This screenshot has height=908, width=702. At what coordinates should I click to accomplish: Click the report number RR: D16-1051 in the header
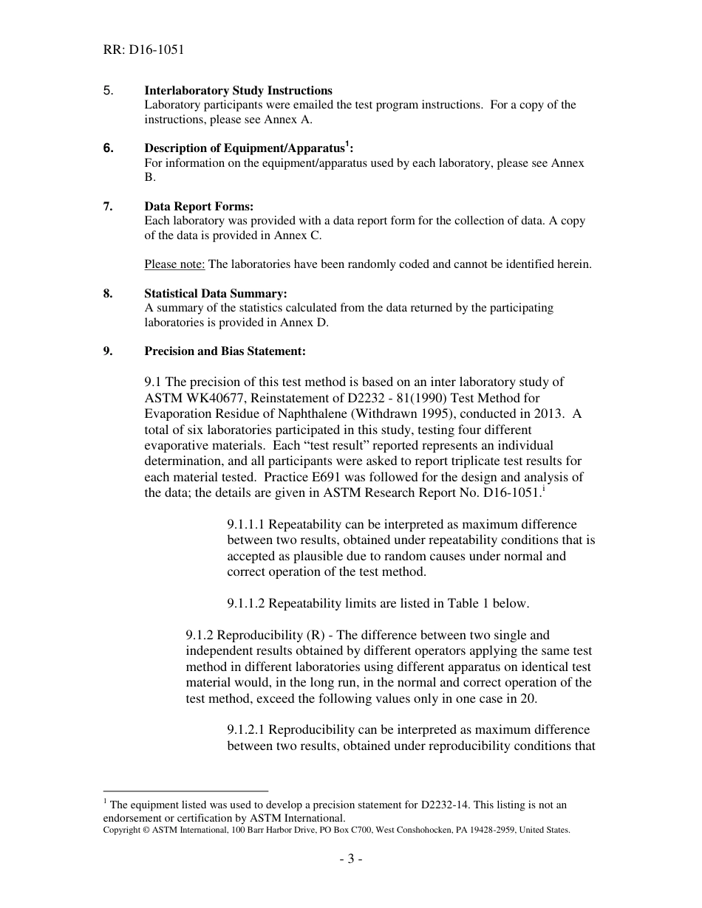pos(143,50)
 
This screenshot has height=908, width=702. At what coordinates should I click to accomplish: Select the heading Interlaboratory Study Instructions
pos(238,91)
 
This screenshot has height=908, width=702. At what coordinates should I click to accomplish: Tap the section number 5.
pos(108,91)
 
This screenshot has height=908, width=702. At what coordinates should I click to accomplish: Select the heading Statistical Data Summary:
pos(216,294)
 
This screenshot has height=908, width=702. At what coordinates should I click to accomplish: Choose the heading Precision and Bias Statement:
pos(225,351)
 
